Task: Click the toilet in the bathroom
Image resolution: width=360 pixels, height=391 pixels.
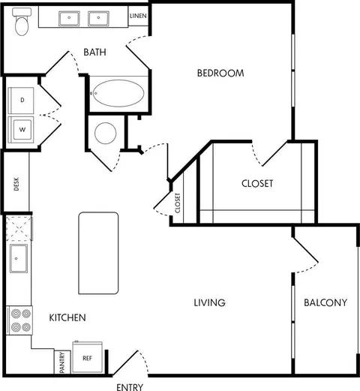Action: (x=22, y=22)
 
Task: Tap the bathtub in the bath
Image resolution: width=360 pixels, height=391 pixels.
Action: (x=118, y=93)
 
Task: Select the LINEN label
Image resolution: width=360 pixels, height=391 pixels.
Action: (x=138, y=16)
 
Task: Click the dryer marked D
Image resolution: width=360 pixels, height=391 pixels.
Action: (x=21, y=101)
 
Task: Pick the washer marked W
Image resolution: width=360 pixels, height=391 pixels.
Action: (x=21, y=130)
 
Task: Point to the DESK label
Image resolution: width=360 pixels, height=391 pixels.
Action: (x=16, y=184)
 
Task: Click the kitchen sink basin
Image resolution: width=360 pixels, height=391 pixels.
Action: (x=19, y=258)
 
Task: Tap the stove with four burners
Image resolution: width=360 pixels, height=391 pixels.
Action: (x=19, y=320)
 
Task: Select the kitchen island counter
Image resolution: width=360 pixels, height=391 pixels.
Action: (x=98, y=253)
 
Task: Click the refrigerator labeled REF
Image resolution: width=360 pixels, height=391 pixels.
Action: (x=87, y=357)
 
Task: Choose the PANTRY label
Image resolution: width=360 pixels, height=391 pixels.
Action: (x=62, y=362)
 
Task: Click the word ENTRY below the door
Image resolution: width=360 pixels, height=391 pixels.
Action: (x=130, y=387)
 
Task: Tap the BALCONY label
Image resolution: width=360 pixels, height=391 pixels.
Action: (x=325, y=302)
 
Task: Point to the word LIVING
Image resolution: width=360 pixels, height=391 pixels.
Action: (x=209, y=302)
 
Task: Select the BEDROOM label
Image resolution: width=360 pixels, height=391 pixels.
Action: (x=220, y=73)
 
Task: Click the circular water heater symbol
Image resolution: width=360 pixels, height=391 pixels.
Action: (x=106, y=133)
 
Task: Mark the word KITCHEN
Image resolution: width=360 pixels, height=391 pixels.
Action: (x=67, y=317)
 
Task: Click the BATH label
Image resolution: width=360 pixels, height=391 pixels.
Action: (x=94, y=52)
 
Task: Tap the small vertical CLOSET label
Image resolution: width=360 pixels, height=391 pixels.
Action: (x=178, y=203)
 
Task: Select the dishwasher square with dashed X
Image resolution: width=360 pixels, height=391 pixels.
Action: (x=19, y=229)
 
